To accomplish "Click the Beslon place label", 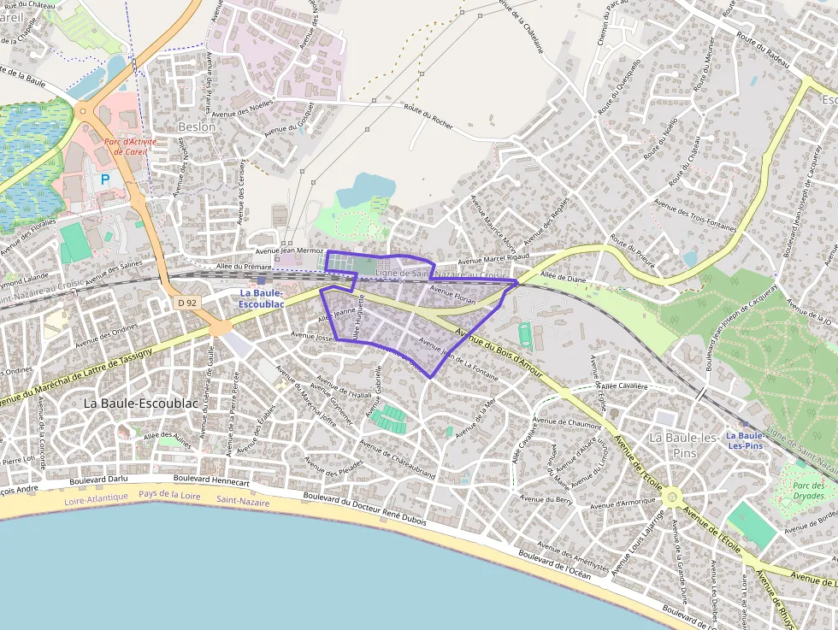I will pos(197,127).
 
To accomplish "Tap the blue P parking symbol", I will pos(105,180).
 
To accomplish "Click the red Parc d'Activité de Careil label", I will pos(126,147).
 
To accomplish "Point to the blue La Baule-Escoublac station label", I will pos(261,298).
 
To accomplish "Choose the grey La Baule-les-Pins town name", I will pos(683,445).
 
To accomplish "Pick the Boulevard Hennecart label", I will pos(211,481).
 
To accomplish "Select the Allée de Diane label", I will pos(564,277).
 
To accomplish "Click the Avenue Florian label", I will pos(453,295).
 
